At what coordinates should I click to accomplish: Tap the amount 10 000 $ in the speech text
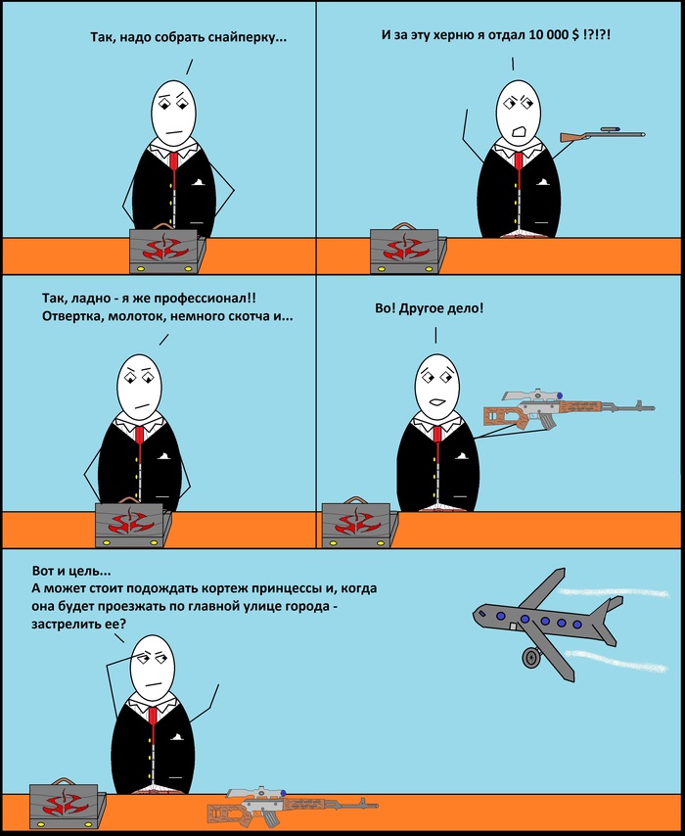click(553, 35)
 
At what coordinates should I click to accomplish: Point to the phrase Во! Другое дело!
click(430, 308)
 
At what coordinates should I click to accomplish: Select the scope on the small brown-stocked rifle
click(610, 129)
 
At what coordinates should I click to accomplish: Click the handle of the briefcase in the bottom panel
click(64, 781)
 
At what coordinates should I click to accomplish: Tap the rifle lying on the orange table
click(293, 807)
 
